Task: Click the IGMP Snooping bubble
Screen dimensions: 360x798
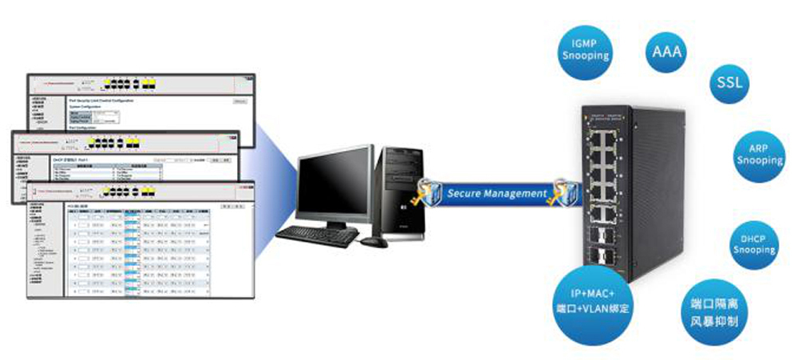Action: click(587, 50)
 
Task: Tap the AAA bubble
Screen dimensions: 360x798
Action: click(667, 53)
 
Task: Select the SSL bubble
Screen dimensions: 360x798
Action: click(729, 82)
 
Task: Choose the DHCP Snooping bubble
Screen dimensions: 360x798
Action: click(754, 244)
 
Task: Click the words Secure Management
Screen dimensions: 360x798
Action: click(496, 193)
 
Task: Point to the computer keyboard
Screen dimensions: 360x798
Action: click(316, 234)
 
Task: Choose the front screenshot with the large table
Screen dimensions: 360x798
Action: click(136, 247)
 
